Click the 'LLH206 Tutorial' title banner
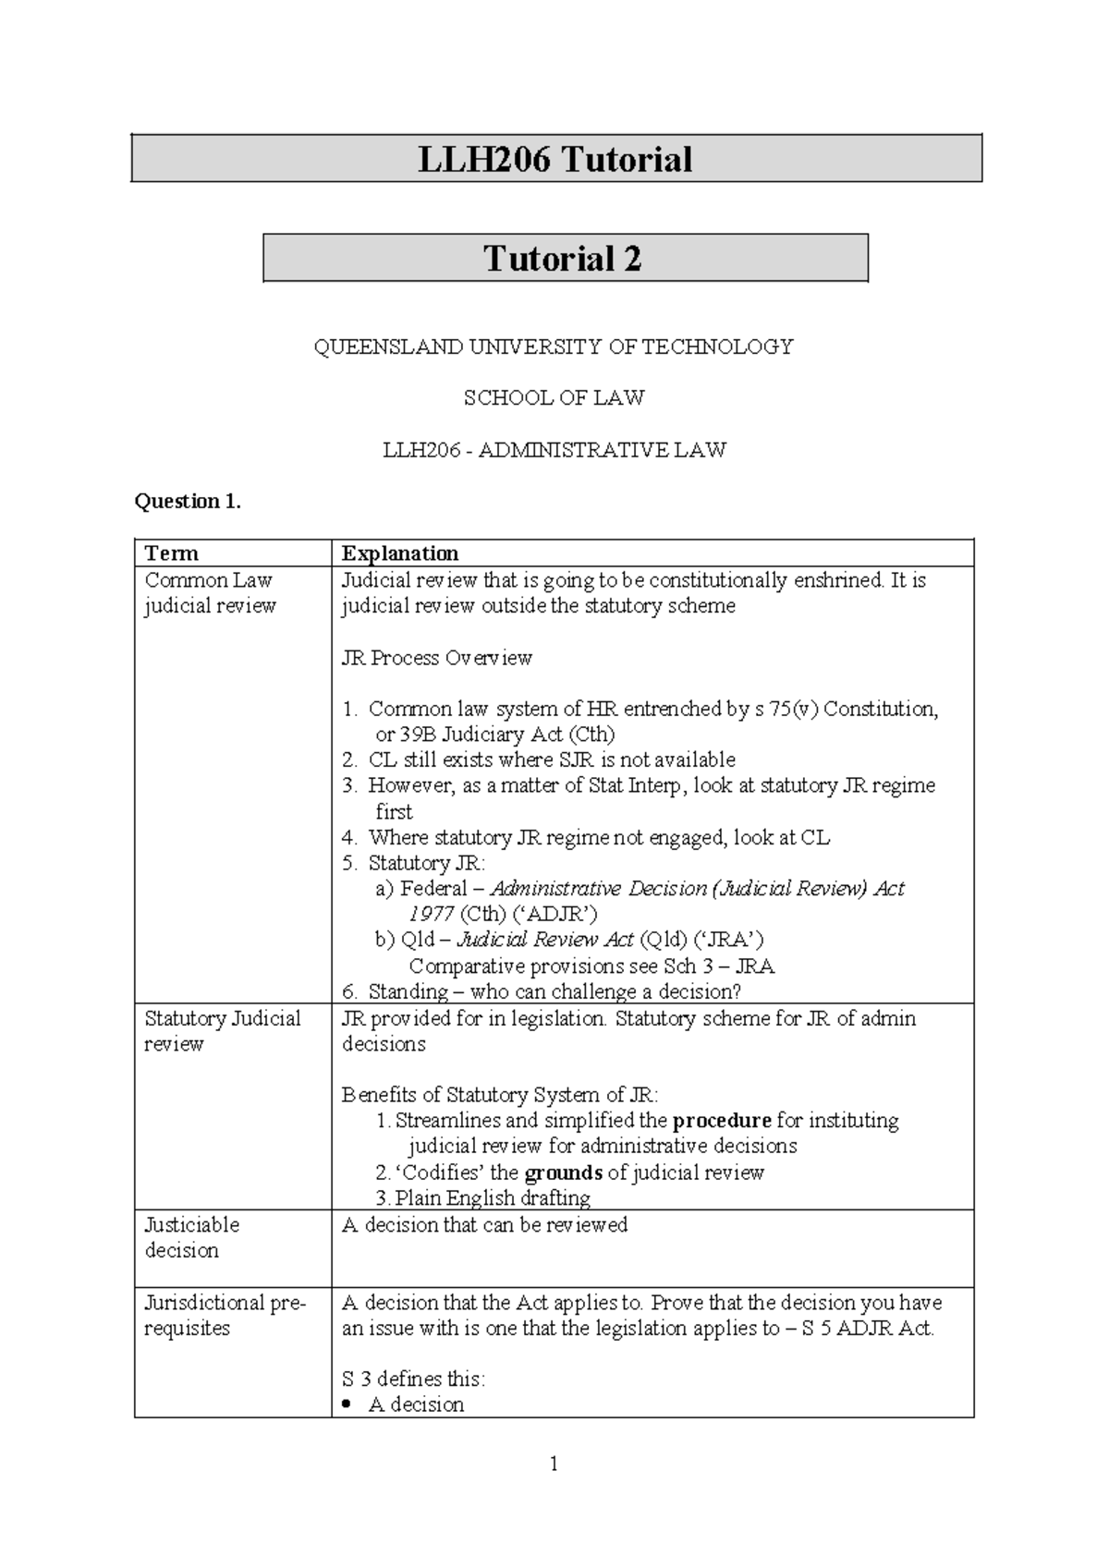pyautogui.click(x=555, y=159)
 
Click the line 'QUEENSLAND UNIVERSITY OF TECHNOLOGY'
pyautogui.click(x=554, y=347)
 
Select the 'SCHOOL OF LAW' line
pyautogui.click(x=554, y=398)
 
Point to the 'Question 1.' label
pyautogui.click(x=188, y=501)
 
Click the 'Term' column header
pyautogui.click(x=172, y=553)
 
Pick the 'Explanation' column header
pyautogui.click(x=399, y=553)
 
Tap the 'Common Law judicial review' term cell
pyautogui.click(x=211, y=593)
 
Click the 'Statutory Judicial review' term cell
pyautogui.click(x=222, y=1031)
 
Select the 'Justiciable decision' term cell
pyautogui.click(x=191, y=1237)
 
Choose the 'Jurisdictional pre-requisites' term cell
pyautogui.click(x=225, y=1315)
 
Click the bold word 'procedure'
pyautogui.click(x=722, y=1121)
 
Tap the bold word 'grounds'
pyautogui.click(x=563, y=1172)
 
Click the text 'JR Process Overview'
pyautogui.click(x=436, y=658)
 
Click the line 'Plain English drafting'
pyautogui.click(x=493, y=1198)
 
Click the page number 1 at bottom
pyautogui.click(x=554, y=1464)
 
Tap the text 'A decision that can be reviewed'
pyautogui.click(x=484, y=1225)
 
